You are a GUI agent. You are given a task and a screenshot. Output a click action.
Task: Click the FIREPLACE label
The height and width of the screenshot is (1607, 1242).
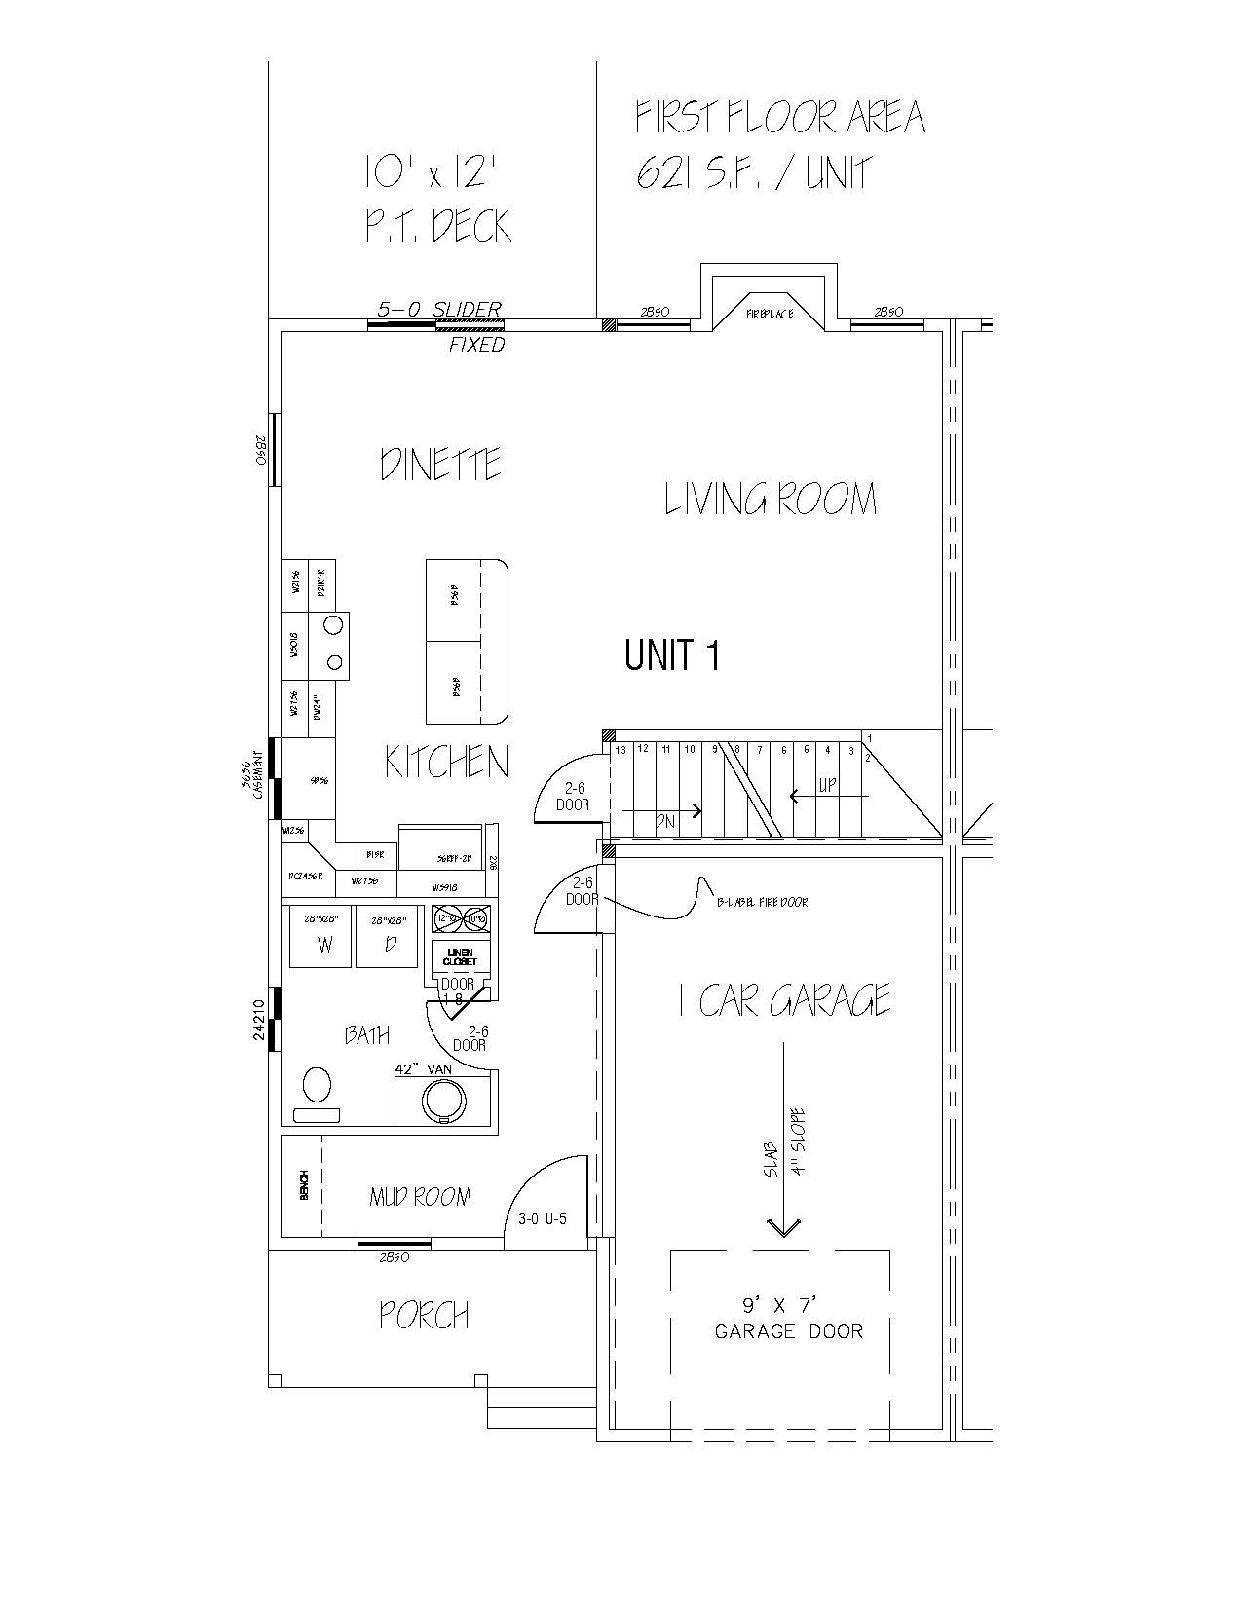tap(770, 314)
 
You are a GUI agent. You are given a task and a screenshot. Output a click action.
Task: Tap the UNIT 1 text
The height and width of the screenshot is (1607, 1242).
tap(672, 655)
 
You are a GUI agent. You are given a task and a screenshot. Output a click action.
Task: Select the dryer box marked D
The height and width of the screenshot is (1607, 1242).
tap(391, 938)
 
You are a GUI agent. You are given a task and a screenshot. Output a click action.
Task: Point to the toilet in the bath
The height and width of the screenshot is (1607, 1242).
tap(316, 1085)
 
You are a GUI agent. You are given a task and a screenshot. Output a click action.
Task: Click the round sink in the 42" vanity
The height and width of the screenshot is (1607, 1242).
tap(444, 1101)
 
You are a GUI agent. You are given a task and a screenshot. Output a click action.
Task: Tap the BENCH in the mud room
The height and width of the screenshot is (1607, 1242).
tap(303, 1184)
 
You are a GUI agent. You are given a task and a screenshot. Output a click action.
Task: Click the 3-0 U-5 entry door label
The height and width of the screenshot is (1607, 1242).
tap(543, 1217)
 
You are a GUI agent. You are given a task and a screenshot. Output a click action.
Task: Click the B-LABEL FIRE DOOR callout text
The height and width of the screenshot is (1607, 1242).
tap(763, 902)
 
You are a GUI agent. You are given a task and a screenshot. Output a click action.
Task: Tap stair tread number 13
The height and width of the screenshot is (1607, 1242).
tap(620, 750)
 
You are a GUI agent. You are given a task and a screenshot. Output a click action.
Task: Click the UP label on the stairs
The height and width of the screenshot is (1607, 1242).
tap(827, 784)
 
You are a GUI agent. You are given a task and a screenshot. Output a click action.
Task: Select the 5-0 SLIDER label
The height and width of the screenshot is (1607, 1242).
tap(440, 309)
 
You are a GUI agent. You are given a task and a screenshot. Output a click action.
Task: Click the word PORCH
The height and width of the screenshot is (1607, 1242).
tap(425, 1316)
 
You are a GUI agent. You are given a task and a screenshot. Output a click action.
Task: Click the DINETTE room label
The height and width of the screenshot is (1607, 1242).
tap(441, 465)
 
